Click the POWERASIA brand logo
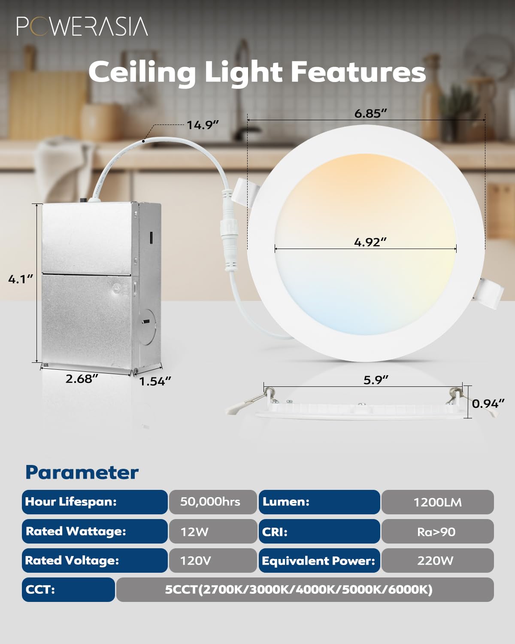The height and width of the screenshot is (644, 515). (82, 26)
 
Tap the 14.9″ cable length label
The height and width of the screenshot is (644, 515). (203, 125)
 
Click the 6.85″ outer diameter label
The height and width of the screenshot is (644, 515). (371, 113)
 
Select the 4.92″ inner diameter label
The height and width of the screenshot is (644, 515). (370, 242)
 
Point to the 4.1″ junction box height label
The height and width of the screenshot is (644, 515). (21, 279)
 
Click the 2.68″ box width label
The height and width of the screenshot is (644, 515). (82, 379)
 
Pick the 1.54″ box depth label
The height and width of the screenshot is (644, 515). (155, 381)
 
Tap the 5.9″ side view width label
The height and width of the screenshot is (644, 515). (376, 380)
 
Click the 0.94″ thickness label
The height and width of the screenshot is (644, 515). (488, 404)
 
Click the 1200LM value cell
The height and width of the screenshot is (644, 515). (437, 502)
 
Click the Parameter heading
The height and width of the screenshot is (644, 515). (82, 472)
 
